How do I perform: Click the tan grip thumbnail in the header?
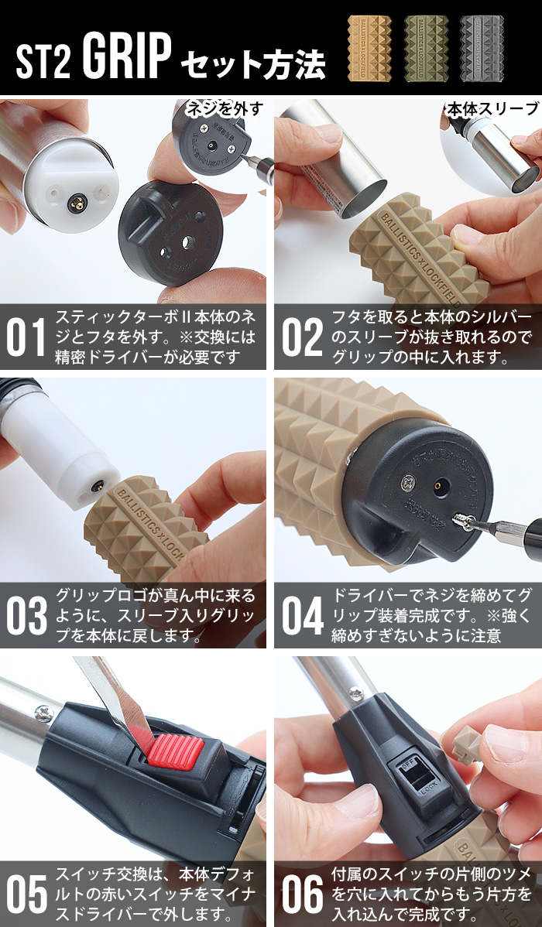[369, 44]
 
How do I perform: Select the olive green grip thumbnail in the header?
[425, 44]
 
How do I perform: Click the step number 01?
[26, 337]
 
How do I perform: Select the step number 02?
[301, 337]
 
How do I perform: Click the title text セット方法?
[252, 65]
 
